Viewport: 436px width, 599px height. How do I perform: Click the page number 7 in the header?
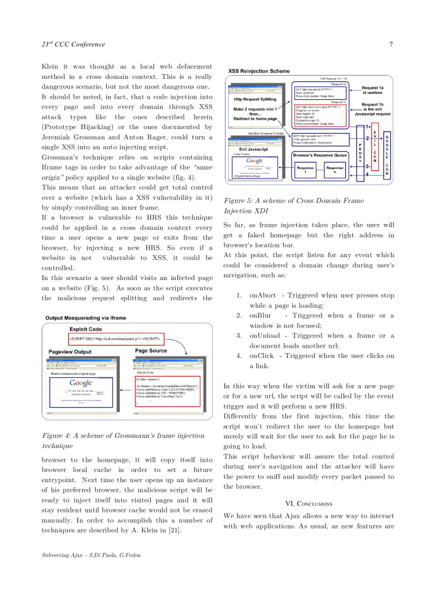(391, 44)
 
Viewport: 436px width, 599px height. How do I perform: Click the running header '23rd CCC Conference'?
(73, 44)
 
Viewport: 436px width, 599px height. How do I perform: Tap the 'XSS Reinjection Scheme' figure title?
(259, 71)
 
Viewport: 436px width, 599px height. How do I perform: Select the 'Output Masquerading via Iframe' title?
(86, 318)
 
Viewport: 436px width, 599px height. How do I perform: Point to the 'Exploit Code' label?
(85, 329)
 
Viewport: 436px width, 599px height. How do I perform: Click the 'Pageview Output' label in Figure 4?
(70, 352)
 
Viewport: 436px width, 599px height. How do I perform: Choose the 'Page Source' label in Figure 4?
(151, 351)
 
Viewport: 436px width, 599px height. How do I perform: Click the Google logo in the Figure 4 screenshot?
(81, 383)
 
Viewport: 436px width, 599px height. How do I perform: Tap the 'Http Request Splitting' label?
(255, 99)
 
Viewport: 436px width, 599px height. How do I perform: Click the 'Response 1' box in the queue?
(305, 170)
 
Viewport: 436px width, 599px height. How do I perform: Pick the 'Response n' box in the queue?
(335, 170)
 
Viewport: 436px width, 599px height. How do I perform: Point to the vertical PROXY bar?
(360, 153)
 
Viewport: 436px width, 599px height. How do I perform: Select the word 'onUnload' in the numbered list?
(264, 336)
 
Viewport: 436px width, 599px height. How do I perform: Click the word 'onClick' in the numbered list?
(262, 356)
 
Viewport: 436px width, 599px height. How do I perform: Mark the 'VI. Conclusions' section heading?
(308, 504)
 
